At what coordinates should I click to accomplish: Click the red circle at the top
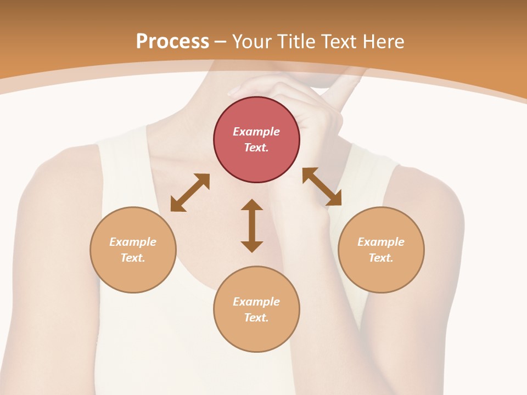256,139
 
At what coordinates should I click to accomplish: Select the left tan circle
133,250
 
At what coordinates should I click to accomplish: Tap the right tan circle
381,250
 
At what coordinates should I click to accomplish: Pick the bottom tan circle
256,309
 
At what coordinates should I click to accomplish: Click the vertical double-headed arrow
252,225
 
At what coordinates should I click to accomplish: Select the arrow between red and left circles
190,193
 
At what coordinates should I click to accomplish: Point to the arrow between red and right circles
322,187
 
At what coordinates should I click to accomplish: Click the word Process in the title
172,41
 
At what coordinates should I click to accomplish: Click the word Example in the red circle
256,132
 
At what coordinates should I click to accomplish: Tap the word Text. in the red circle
256,148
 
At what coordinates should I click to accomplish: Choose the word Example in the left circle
133,242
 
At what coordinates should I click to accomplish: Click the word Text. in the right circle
381,258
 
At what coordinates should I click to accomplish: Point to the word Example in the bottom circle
256,302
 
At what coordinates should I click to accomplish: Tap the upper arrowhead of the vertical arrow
252,205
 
